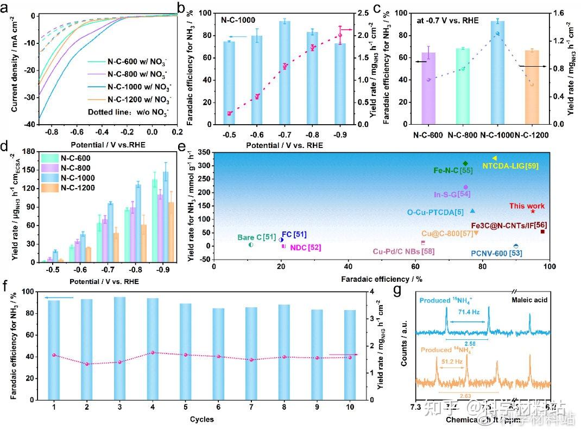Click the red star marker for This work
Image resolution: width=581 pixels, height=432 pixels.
[x=533, y=211]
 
